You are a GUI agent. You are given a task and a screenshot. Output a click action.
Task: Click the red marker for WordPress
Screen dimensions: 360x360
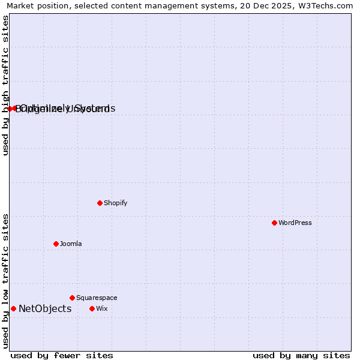tap(274, 223)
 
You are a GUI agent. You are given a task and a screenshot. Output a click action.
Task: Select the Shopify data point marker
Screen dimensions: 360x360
tap(100, 203)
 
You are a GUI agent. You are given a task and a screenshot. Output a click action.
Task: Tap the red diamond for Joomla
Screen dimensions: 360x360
tap(56, 244)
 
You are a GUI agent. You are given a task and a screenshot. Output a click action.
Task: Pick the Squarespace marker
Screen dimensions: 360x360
tap(72, 298)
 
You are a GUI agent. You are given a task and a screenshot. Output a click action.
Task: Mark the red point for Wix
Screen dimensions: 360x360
tap(92, 308)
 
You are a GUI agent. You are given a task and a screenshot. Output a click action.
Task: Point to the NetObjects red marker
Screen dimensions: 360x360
tap(13, 308)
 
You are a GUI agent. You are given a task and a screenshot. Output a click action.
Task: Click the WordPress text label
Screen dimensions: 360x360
tap(295, 223)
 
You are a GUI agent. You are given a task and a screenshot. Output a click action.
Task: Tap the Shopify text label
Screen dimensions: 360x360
tap(115, 203)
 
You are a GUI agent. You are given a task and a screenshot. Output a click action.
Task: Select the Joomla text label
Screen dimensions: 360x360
tap(71, 244)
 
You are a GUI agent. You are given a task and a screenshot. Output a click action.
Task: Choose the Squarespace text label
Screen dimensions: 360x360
tap(97, 298)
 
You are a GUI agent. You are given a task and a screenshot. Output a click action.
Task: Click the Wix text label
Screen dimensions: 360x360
tap(101, 308)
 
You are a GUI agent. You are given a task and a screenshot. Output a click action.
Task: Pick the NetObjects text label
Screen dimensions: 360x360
tap(45, 308)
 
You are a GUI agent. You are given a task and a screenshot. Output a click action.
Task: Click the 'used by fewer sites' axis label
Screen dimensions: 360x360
tap(62, 355)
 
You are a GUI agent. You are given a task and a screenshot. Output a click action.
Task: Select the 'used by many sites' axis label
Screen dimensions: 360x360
tap(301, 355)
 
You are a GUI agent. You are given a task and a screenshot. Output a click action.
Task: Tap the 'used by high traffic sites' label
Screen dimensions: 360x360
tap(5, 85)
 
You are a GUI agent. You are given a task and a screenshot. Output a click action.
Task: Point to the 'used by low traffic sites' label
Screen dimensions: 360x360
tap(5, 281)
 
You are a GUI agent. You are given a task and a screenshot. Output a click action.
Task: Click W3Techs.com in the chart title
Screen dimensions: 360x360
tap(328, 5)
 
